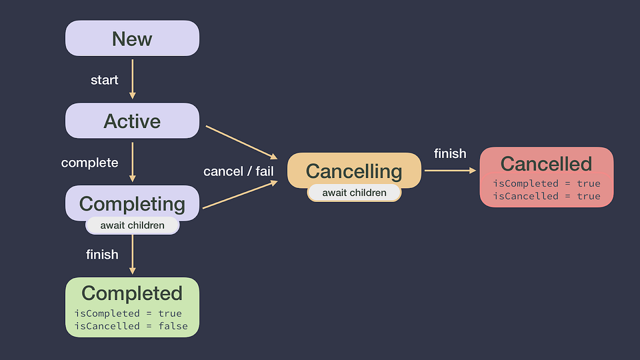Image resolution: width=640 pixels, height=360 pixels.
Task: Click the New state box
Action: tap(132, 38)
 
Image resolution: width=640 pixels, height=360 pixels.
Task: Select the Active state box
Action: tap(132, 121)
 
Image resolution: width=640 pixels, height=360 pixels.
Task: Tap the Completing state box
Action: tap(132, 204)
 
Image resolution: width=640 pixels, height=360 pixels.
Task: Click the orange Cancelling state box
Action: tap(354, 171)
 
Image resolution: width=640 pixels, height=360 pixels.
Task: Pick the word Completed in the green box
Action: tap(132, 293)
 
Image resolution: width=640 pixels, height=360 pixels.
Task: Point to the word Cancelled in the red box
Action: tap(546, 164)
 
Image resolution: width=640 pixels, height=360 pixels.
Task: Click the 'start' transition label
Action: tap(105, 80)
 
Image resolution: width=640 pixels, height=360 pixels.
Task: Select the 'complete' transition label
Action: tap(90, 163)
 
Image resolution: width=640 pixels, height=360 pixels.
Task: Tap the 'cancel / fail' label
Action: tap(239, 172)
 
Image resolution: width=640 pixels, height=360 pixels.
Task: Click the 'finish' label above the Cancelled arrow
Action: tap(450, 154)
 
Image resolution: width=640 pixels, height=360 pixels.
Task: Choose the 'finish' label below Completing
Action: tap(102, 254)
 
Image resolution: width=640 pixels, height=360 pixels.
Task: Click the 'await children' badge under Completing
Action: tap(132, 225)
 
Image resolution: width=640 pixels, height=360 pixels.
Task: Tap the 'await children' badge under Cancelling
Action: tap(354, 193)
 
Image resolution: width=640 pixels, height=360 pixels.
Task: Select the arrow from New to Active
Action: tap(133, 78)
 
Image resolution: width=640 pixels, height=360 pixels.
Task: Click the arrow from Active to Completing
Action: tap(133, 161)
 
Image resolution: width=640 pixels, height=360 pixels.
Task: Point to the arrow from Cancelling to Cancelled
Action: tap(450, 170)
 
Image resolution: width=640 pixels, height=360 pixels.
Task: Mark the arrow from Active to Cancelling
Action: tap(241, 141)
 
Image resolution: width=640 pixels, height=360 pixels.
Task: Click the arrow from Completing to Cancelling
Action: tap(240, 195)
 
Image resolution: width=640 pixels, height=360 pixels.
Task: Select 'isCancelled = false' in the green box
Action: tap(131, 326)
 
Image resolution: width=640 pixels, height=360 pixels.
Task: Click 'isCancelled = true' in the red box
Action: tap(546, 196)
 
